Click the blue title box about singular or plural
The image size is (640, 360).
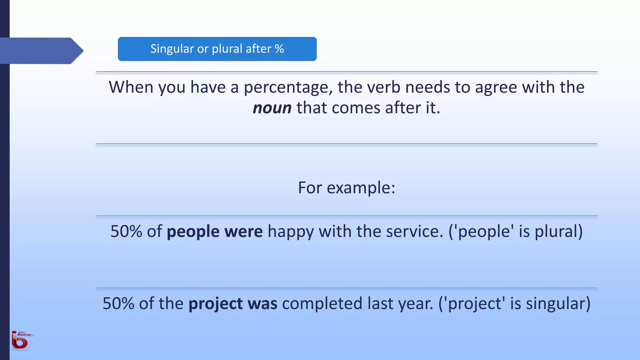point(217,49)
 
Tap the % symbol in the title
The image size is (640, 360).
point(279,49)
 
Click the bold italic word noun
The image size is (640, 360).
point(272,108)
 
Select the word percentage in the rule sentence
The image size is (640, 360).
point(288,87)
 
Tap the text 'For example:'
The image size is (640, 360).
point(347,188)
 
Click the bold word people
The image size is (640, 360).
point(193,232)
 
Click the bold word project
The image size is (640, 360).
point(216,304)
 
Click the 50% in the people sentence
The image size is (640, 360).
point(126,232)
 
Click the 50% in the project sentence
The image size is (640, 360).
point(118,304)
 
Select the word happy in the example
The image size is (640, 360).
point(291,232)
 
